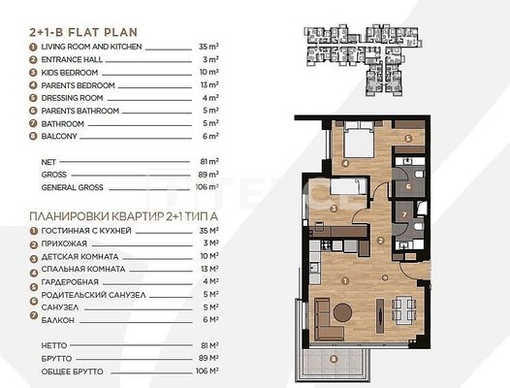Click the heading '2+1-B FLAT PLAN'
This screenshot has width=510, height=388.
tap(83, 33)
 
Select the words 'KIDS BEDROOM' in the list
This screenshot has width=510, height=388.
tap(70, 73)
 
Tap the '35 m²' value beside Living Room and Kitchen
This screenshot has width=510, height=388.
tap(208, 47)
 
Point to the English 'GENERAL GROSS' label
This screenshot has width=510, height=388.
tap(72, 187)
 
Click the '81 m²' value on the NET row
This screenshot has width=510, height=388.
tap(209, 161)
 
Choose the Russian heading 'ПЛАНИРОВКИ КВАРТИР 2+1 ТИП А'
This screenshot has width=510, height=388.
tap(123, 216)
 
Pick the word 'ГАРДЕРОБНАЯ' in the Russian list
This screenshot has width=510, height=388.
tap(70, 282)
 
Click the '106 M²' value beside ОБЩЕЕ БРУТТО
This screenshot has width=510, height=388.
tap(207, 372)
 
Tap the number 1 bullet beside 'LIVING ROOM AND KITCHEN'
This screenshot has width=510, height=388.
tap(33, 48)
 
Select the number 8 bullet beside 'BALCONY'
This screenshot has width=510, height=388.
tap(33, 137)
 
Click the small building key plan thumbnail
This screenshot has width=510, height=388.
tap(363, 60)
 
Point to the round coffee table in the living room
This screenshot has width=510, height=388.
tap(342, 312)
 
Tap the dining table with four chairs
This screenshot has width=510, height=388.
tap(404, 308)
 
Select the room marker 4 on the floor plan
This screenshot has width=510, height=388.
tap(345, 163)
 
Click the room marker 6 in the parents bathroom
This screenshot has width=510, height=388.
tap(408, 187)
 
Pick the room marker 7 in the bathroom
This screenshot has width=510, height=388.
tap(404, 214)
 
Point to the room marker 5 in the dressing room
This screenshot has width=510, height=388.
tap(408, 139)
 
